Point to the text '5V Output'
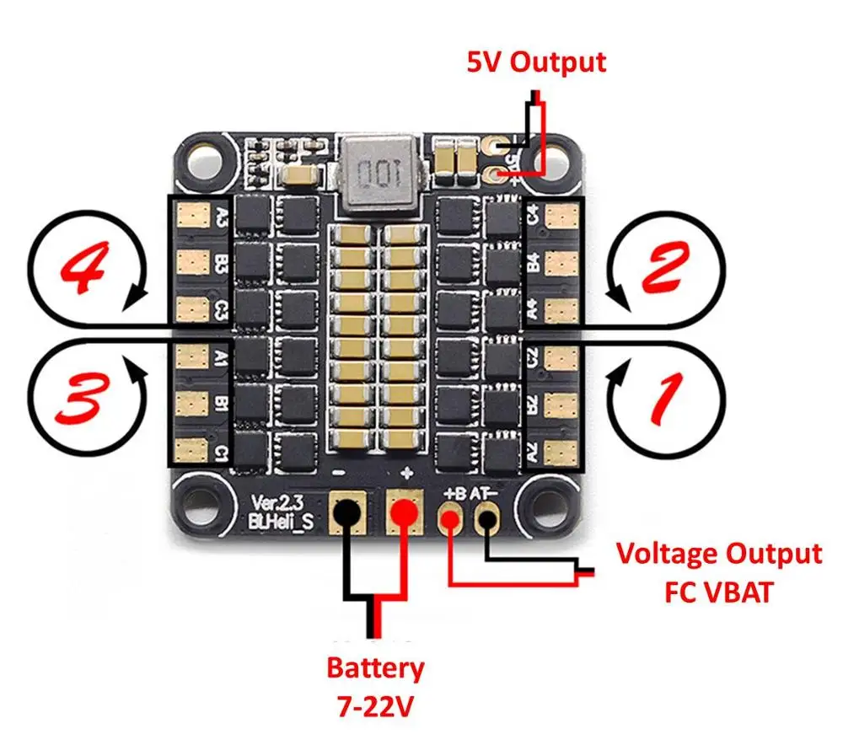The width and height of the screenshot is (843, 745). [x=536, y=62]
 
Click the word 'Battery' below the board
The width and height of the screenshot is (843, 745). [x=375, y=669]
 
